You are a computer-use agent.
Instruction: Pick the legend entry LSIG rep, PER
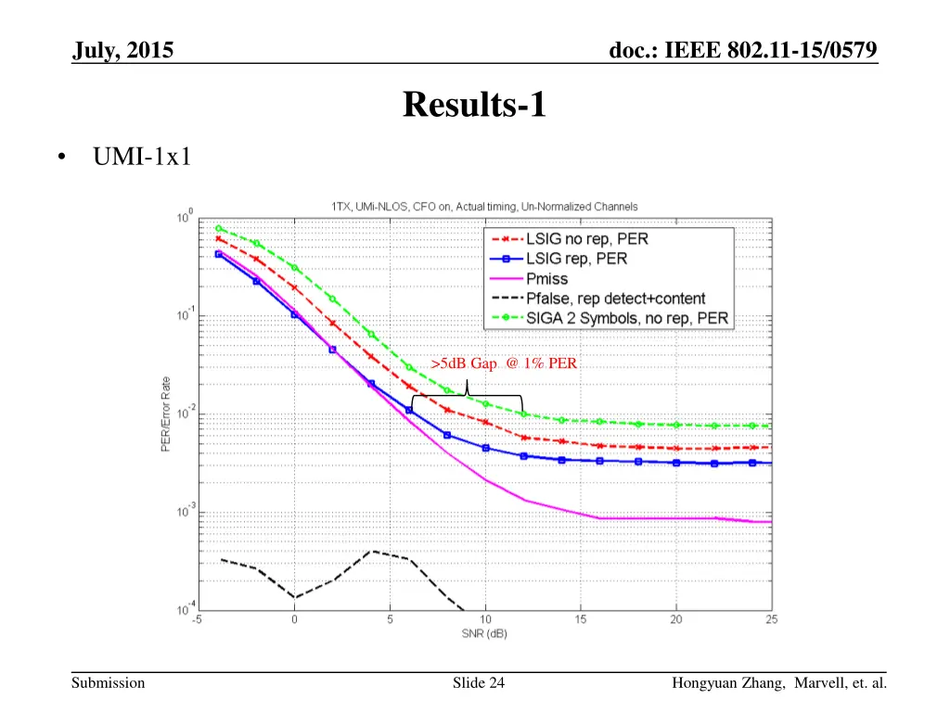click(x=576, y=259)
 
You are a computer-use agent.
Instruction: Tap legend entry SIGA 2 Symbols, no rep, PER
click(x=626, y=319)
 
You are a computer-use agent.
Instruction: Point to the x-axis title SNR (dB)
click(x=483, y=634)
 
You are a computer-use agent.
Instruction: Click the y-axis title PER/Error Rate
click(x=164, y=413)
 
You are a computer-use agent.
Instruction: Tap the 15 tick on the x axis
click(x=581, y=619)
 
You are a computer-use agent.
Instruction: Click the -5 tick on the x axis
click(x=198, y=619)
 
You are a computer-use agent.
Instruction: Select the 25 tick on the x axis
click(x=771, y=619)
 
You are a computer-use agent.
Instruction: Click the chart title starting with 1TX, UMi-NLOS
click(x=483, y=206)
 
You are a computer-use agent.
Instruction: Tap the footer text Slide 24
click(x=479, y=684)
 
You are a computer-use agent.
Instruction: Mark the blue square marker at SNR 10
click(x=485, y=448)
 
